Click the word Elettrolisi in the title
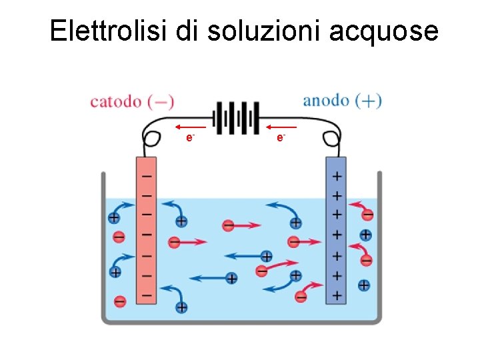click(x=109, y=31)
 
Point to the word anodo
click(x=326, y=101)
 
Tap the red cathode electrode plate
click(x=146, y=230)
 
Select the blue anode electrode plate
click(x=337, y=230)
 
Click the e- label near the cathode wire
click(x=190, y=137)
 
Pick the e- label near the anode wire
click(x=281, y=137)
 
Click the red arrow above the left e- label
click(x=190, y=126)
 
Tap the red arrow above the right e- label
click(x=281, y=126)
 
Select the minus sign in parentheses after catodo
click(x=161, y=102)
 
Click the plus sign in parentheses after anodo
click(x=369, y=101)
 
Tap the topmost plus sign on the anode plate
click(x=337, y=177)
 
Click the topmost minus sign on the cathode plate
click(x=146, y=176)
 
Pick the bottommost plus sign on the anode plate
click(x=337, y=295)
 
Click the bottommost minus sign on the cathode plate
click(x=146, y=294)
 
